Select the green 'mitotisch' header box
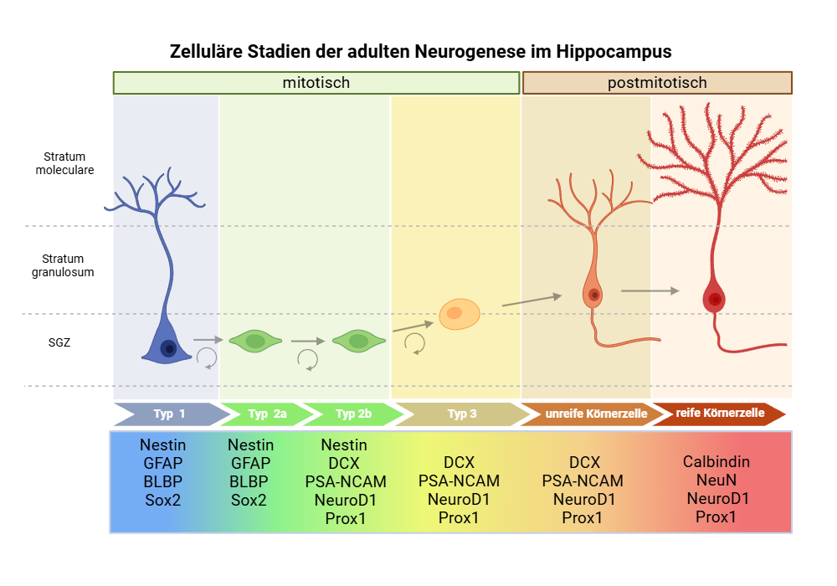316,83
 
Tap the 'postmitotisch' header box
657,83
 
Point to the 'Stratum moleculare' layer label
64,163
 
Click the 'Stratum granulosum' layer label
64,265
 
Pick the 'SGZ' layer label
59,342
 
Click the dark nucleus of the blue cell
168,348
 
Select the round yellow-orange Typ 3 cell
460,314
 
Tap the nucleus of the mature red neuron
715,299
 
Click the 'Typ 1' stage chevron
170,414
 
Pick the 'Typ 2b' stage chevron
352,414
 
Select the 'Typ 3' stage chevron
461,414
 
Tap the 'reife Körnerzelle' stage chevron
718,414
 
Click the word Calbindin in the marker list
716,461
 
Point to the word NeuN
716,480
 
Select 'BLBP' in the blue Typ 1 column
162,481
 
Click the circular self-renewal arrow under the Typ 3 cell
414,342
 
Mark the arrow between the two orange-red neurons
650,290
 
